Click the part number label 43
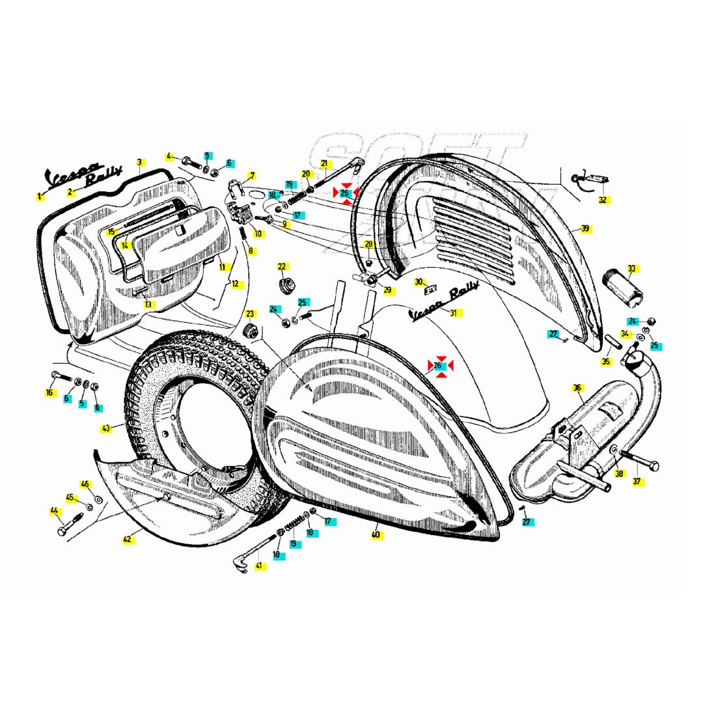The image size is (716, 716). [106, 428]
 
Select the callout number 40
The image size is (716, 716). [376, 534]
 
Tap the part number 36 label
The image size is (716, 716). [577, 388]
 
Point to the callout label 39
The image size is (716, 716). [585, 228]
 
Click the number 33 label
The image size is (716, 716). [631, 268]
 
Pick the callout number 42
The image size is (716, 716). [128, 539]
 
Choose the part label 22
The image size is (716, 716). [282, 267]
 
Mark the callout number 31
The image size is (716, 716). [454, 313]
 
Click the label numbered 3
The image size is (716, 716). [139, 161]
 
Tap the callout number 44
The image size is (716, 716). [55, 511]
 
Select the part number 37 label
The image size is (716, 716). [637, 482]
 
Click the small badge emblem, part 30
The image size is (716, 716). [430, 291]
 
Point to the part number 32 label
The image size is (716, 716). [602, 200]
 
